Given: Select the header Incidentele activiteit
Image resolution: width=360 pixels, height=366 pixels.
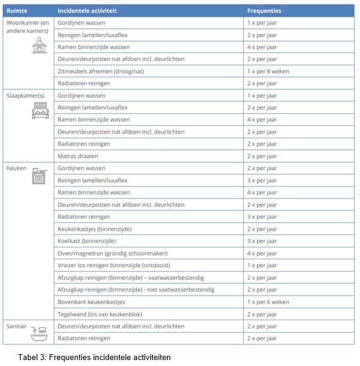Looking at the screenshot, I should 88,11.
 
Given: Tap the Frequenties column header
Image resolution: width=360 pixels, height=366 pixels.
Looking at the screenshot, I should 264,11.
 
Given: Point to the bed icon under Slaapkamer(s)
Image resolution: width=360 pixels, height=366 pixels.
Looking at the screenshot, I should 39,110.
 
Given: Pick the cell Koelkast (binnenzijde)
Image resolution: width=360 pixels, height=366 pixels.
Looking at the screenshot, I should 86,241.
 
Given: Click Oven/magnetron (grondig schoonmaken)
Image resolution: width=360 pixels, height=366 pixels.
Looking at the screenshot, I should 113,253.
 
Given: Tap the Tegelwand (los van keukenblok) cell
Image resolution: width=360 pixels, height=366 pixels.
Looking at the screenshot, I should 100,314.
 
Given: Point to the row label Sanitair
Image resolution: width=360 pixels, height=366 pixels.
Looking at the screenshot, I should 17,327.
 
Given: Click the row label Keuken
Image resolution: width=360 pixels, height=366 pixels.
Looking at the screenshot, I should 16,169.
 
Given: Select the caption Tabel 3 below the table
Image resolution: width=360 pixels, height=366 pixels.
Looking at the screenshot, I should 94,357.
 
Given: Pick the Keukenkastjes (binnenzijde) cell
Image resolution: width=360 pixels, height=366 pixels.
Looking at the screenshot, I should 94,229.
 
